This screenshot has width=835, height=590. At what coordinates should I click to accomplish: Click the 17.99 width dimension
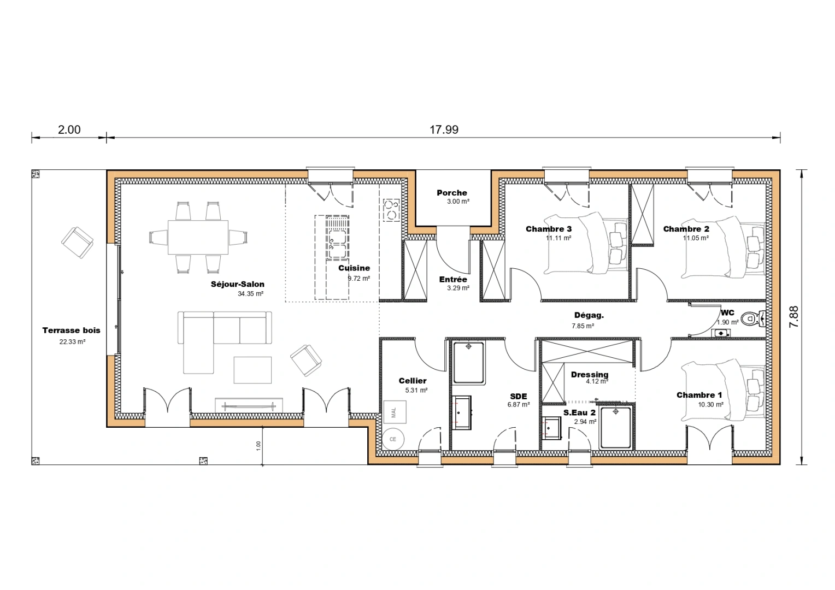click(x=444, y=129)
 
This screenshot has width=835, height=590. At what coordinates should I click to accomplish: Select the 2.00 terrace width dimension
click(x=69, y=129)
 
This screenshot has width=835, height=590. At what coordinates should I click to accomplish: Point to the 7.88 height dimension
click(x=794, y=317)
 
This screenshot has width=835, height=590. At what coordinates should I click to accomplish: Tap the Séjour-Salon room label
click(x=238, y=284)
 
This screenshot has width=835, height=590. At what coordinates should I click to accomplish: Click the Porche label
click(x=452, y=193)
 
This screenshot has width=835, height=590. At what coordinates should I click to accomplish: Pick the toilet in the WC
click(x=753, y=318)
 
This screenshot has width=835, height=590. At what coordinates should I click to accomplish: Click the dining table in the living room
click(x=198, y=237)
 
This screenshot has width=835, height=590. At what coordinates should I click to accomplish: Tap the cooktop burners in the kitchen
click(x=391, y=210)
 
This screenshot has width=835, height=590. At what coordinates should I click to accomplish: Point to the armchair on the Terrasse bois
click(x=77, y=242)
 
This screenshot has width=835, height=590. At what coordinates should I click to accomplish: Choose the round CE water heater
click(x=393, y=439)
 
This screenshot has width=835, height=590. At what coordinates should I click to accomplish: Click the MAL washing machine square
click(x=395, y=412)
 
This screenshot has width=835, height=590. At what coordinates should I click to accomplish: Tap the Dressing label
click(x=589, y=374)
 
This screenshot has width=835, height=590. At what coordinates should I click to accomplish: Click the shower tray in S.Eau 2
click(x=616, y=427)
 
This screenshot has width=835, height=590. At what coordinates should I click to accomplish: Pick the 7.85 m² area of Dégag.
click(x=583, y=326)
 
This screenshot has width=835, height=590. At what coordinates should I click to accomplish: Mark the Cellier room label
click(x=413, y=381)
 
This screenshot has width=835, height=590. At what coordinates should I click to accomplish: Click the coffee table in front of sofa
click(x=252, y=370)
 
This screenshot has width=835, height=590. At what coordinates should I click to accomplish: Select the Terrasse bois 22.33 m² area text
click(x=72, y=342)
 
